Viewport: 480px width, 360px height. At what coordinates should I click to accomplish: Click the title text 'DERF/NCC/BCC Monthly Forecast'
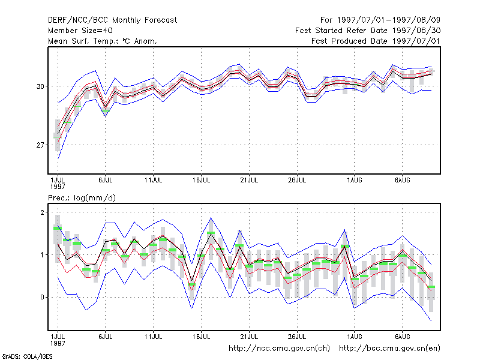point(112,20)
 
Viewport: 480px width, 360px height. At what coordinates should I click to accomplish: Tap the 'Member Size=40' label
point(80,31)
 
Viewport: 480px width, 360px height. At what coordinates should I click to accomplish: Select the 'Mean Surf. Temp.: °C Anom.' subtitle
point(103,41)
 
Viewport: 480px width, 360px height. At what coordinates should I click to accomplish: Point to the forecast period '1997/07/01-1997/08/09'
point(388,20)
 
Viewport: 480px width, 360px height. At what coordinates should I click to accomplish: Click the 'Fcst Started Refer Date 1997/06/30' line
point(368,31)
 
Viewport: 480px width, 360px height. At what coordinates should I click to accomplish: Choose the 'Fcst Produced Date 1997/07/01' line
point(376,41)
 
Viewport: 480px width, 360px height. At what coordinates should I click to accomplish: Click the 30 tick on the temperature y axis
point(40,86)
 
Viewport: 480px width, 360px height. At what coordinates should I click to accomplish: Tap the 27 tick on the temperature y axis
point(40,145)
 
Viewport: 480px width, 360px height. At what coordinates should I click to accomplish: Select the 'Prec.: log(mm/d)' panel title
point(82,198)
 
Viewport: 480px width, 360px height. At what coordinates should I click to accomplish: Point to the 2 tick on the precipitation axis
point(42,212)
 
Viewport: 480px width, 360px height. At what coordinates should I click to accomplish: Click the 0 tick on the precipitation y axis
point(42,297)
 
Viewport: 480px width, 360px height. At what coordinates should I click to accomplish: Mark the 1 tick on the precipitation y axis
point(42,254)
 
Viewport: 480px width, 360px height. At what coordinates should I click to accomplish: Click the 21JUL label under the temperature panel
point(249,180)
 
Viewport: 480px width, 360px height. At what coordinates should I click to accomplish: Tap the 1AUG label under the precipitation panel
point(355,337)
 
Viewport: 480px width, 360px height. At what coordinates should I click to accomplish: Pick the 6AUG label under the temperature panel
point(402,180)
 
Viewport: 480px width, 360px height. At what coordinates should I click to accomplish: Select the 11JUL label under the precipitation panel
point(154,337)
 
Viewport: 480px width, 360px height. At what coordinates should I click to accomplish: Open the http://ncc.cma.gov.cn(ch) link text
point(280,349)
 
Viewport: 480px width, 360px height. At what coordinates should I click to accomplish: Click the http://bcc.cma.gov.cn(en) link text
point(389,349)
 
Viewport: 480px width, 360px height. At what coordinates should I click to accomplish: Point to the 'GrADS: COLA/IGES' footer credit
point(27,356)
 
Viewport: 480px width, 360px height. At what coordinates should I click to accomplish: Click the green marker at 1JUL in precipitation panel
point(58,228)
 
